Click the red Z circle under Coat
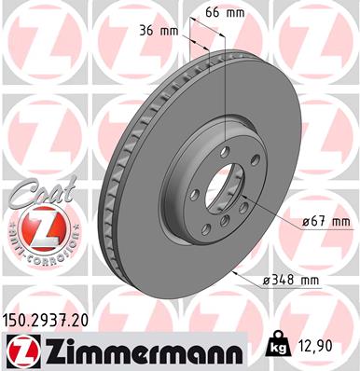pos(34,229)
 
